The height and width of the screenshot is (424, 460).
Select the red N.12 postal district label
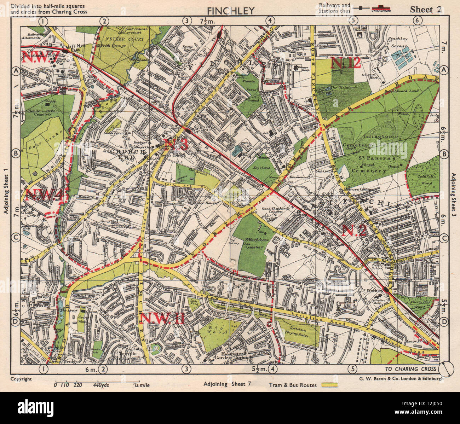pyautogui.click(x=345, y=64)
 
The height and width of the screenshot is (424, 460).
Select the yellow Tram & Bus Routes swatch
pyautogui.click(x=329, y=385)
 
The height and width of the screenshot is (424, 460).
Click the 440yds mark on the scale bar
pyautogui.click(x=101, y=385)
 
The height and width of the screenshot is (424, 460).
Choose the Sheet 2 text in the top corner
pyautogui.click(x=426, y=10)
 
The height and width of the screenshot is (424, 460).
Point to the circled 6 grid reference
pyautogui.click(x=417, y=21)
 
